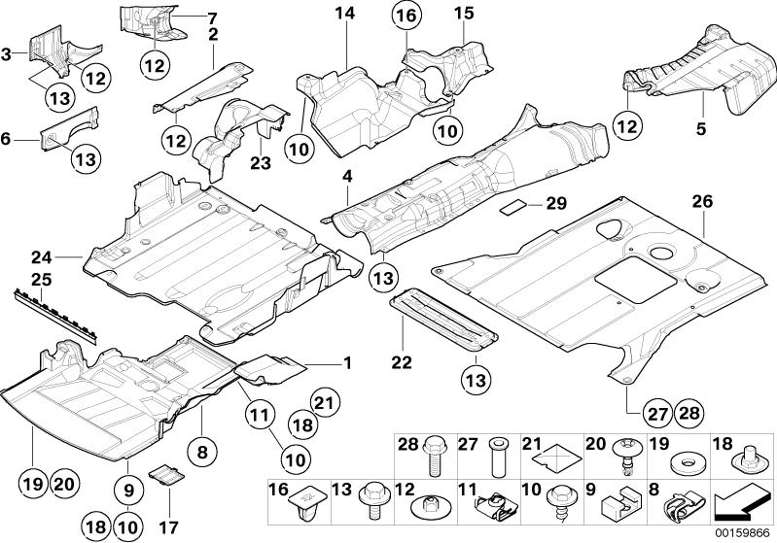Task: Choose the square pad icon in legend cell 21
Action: [x=560, y=457]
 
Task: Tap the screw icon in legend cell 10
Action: [x=561, y=502]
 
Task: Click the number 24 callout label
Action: [x=39, y=257]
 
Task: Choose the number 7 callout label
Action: [x=213, y=17]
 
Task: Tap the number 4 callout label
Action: [x=346, y=177]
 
